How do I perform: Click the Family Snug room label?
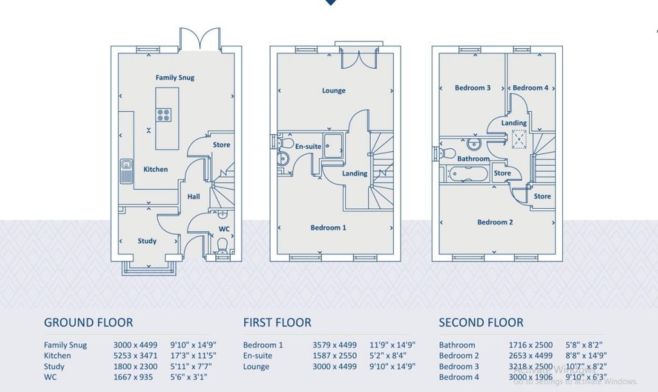tap(175, 78)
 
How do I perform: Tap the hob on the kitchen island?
tap(164, 115)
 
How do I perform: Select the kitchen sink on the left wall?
tap(126, 171)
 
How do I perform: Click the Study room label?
tap(147, 241)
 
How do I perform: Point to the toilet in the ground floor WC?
tap(222, 245)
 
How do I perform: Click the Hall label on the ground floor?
tap(193, 197)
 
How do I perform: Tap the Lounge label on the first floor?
tap(333, 91)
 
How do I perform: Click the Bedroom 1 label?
tap(328, 227)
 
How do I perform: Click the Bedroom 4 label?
tap(530, 88)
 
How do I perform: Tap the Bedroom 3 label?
tap(473, 88)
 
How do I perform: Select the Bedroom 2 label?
tap(495, 222)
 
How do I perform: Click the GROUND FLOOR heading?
tap(88, 323)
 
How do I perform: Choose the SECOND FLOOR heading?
tap(481, 323)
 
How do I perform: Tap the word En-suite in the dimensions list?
tap(258, 355)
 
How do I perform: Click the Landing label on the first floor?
tap(355, 174)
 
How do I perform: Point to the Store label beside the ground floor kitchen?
tap(221, 145)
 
